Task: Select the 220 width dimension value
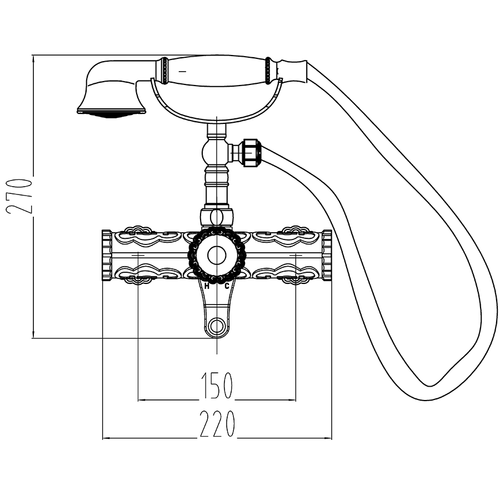217,424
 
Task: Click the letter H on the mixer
207,286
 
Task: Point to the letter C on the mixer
227,286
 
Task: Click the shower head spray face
111,113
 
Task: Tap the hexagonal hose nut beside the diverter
252,152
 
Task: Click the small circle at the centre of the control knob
217,255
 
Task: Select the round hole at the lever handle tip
217,326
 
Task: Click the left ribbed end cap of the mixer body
107,255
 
